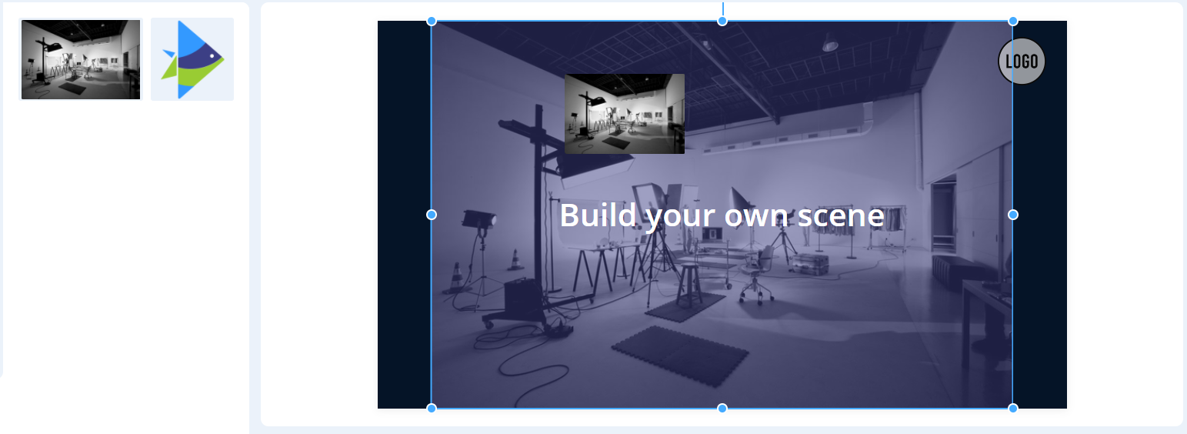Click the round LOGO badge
[x=1022, y=62]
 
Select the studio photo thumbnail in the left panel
[x=81, y=59]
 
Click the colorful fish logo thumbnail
[x=192, y=59]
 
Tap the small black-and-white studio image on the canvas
[x=624, y=114]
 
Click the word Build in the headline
[x=599, y=215]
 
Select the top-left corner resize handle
[x=432, y=22]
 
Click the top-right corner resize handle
[x=1012, y=22]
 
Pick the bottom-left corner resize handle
[x=432, y=408]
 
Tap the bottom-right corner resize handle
[x=1012, y=408]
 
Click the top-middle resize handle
[x=722, y=22]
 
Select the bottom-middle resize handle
[x=722, y=408]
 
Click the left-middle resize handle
[x=432, y=215]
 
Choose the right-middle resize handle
[x=1012, y=215]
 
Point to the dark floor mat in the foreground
[x=680, y=356]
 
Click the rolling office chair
[x=758, y=275]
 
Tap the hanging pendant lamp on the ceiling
[x=830, y=43]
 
